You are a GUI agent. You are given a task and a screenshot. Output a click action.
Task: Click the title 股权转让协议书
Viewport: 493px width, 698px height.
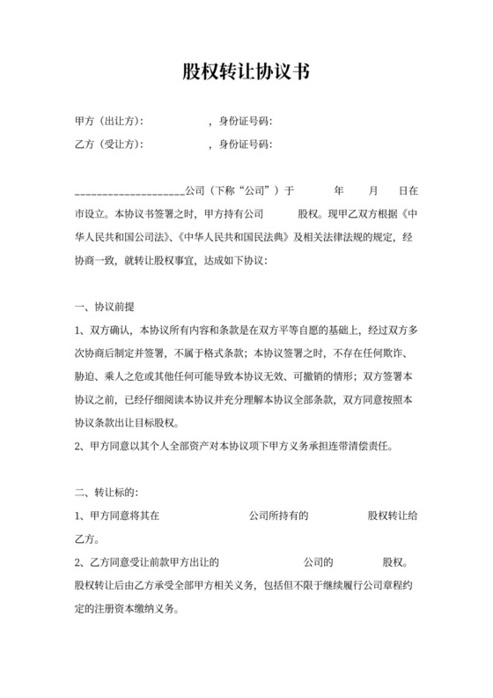[x=246, y=71]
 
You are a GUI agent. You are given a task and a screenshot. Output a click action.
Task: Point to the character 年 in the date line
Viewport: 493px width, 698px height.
[x=339, y=190]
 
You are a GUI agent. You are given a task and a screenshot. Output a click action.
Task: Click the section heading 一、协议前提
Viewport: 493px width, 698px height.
[x=105, y=307]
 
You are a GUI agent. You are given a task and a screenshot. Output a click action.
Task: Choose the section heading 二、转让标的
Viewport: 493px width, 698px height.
[x=107, y=491]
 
